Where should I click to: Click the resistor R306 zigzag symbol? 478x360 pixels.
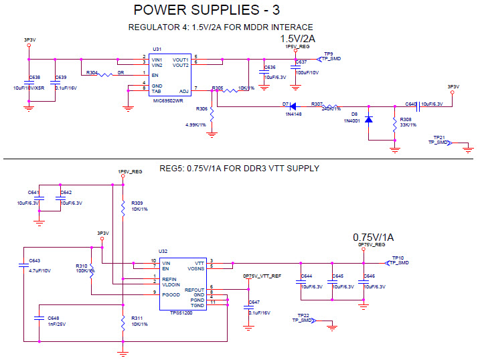coord(212,115)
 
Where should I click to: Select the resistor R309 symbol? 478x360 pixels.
coord(123,207)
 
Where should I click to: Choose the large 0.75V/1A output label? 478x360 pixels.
coord(374,238)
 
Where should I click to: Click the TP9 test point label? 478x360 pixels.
coord(328,53)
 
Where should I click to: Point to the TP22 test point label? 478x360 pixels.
coord(303,314)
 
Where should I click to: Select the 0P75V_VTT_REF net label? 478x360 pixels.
coord(262,276)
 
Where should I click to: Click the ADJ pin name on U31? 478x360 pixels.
coord(183,90)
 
